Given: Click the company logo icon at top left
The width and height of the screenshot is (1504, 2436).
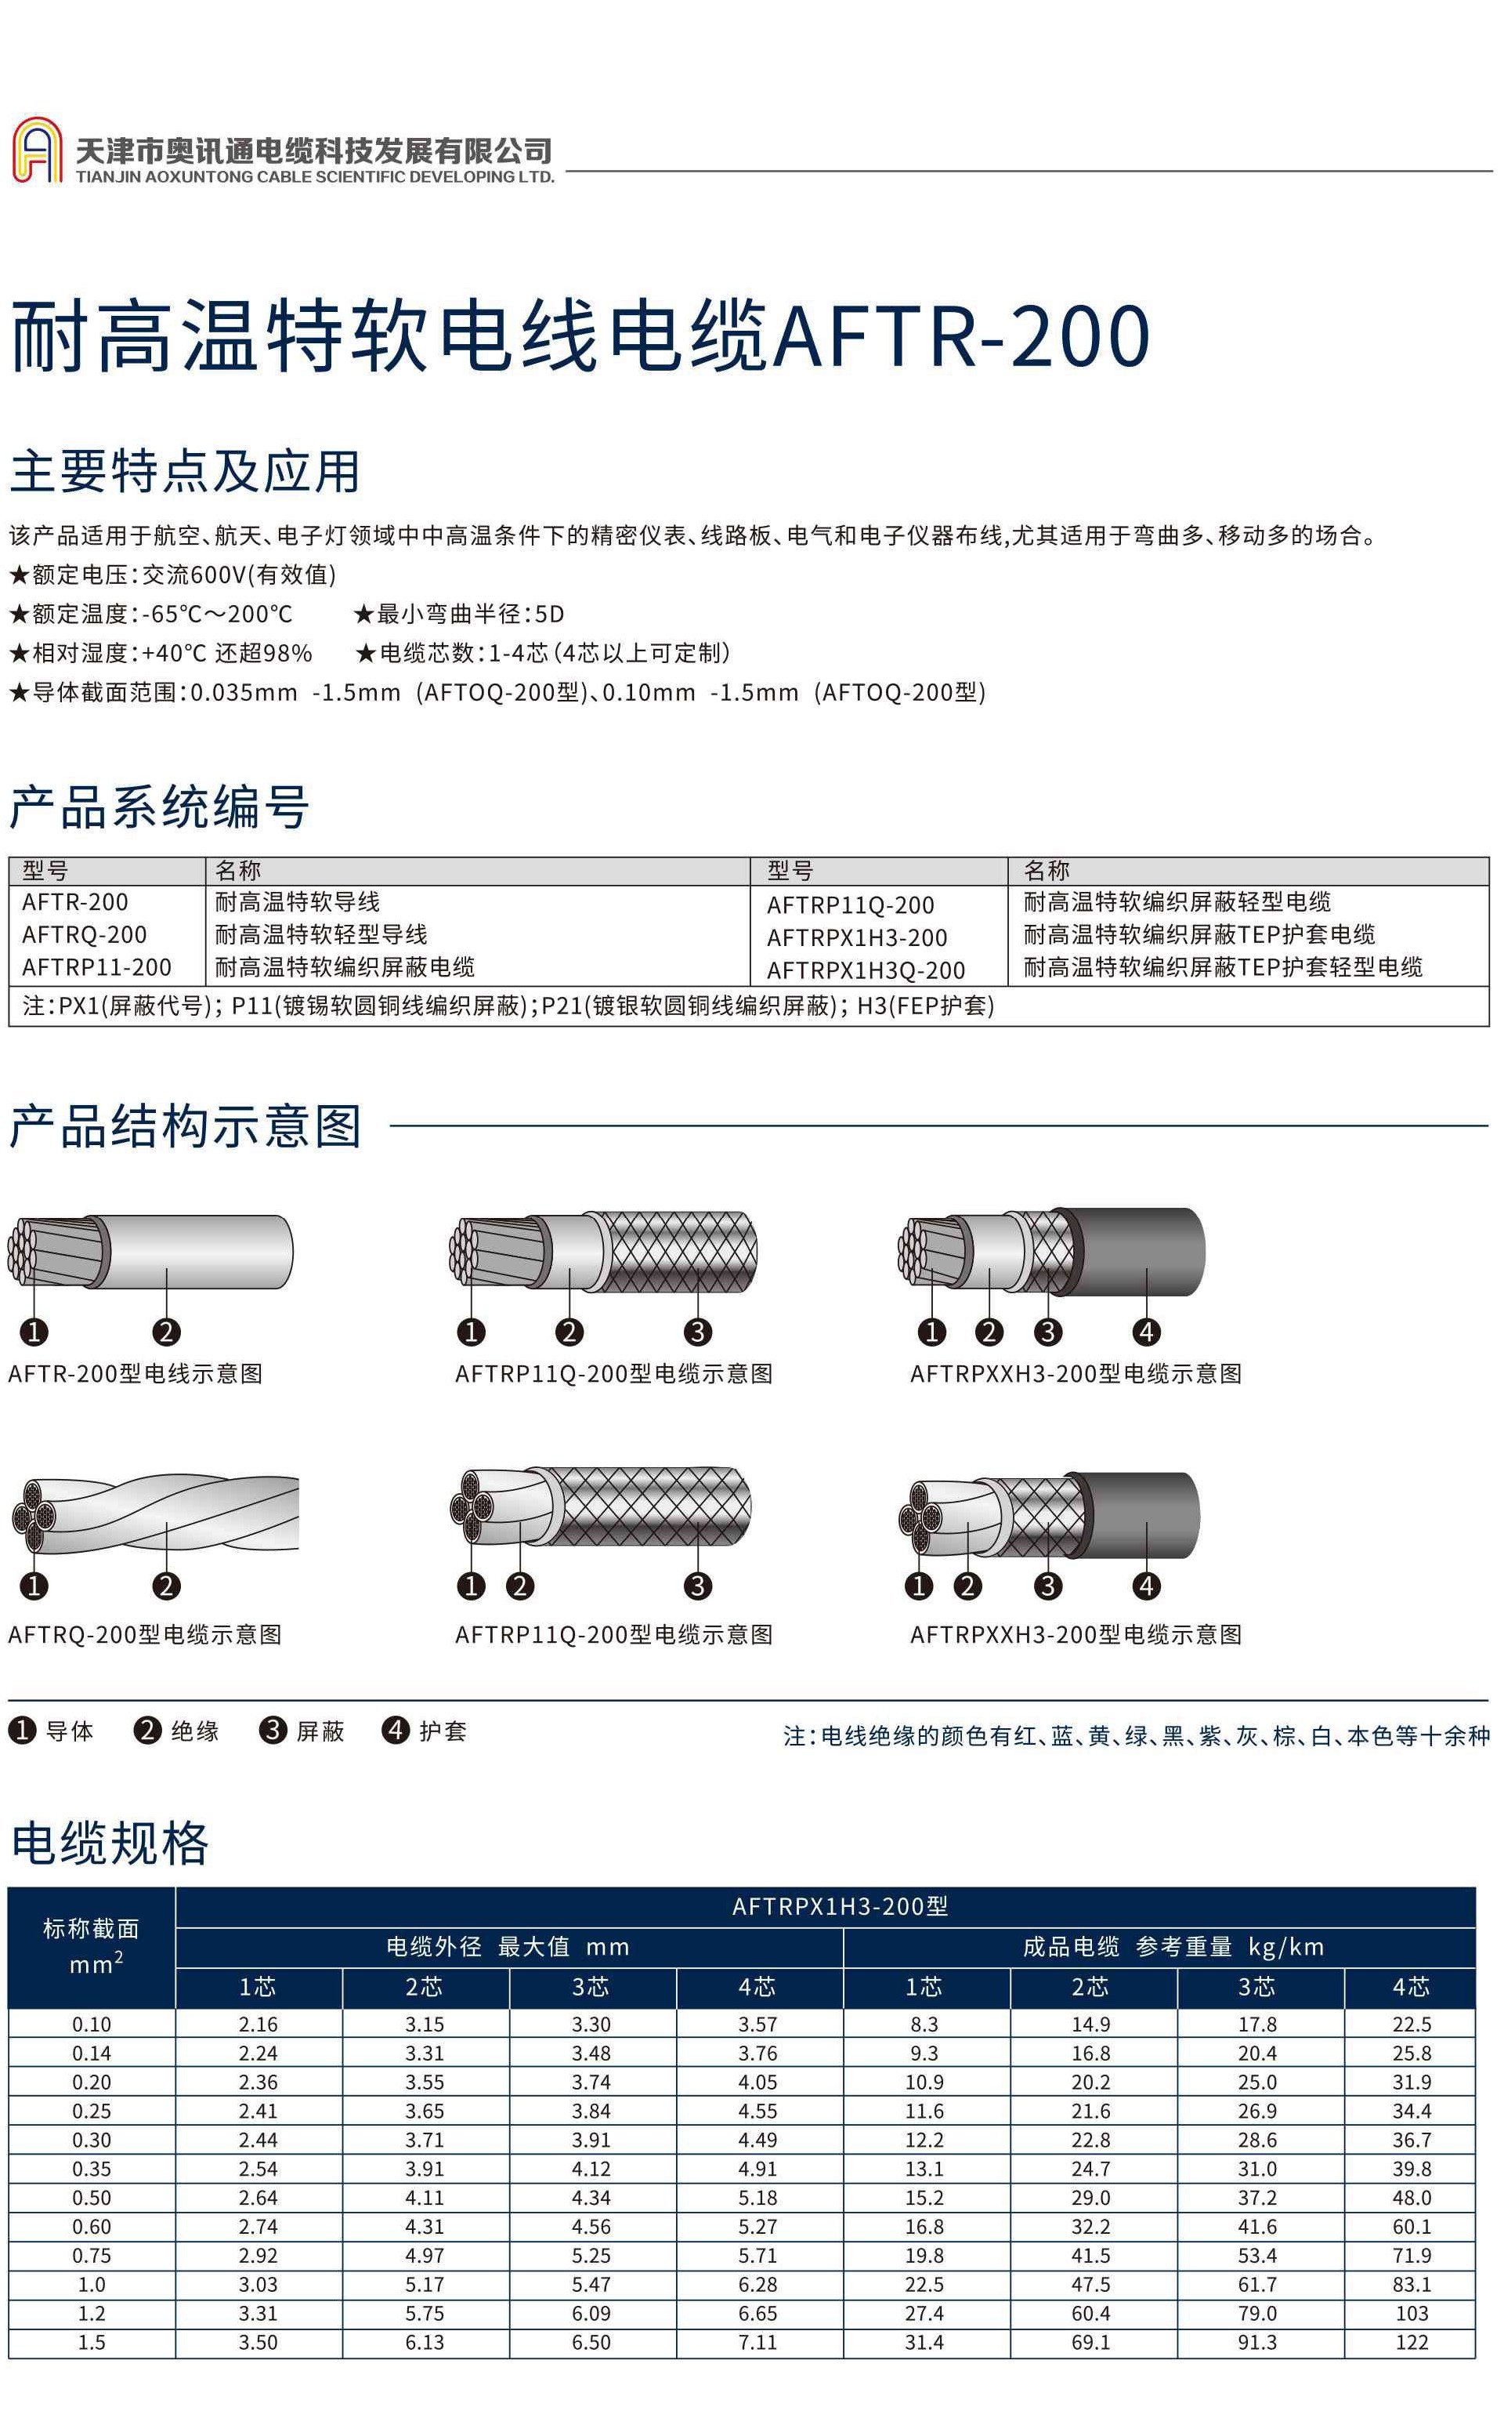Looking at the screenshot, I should tap(37, 150).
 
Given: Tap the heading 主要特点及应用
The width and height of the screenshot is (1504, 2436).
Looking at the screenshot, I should tap(185, 472).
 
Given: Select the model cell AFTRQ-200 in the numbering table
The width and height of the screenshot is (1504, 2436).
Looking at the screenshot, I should tap(85, 934).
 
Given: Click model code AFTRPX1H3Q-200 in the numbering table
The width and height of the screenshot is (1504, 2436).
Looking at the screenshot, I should tap(866, 970).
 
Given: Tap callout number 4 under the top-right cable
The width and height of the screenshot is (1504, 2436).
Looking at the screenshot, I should tap(1146, 1332).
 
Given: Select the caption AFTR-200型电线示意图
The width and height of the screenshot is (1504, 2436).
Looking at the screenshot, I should tap(136, 1374).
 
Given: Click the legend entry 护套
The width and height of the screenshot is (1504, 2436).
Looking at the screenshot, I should tap(442, 1731).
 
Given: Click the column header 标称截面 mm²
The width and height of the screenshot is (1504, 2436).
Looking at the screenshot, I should tap(91, 1946).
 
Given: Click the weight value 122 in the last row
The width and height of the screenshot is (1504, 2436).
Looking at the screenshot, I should tap(1411, 2343).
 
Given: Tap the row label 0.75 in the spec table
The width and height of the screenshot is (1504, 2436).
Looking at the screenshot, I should tap(92, 2256).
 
